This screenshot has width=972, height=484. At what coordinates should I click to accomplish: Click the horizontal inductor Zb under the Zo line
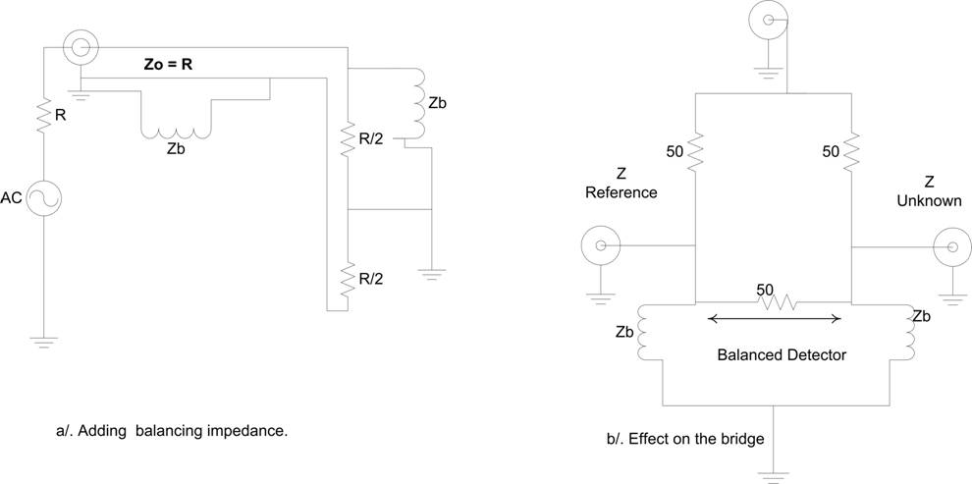[177, 128]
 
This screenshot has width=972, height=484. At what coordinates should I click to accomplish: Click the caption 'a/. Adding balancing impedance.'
[173, 430]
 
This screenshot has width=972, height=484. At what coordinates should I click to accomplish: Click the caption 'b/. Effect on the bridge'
[685, 439]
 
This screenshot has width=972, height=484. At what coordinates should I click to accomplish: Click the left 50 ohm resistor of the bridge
[694, 151]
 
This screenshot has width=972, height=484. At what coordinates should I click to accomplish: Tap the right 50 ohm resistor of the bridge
[850, 151]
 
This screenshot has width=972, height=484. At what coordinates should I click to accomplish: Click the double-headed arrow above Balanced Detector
[774, 318]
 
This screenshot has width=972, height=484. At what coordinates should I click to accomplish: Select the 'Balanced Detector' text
[782, 354]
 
